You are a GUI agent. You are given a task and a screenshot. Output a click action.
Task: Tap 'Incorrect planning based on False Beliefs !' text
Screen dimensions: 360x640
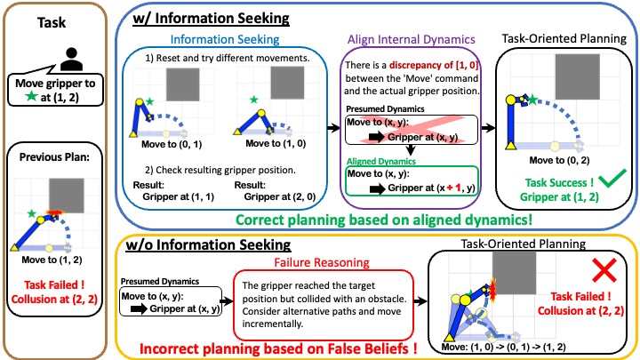tap(268, 348)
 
